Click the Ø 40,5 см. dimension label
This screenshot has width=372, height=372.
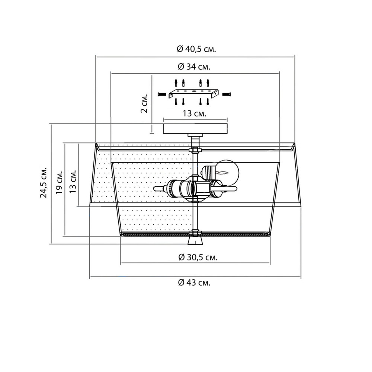pyautogui.click(x=196, y=49)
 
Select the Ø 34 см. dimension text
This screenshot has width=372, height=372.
pyautogui.click(x=194, y=67)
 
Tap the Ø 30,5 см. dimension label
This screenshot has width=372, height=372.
pyautogui.click(x=198, y=257)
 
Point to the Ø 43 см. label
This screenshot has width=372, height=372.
pyautogui.click(x=194, y=283)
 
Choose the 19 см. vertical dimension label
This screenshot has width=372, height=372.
pyautogui.click(x=59, y=182)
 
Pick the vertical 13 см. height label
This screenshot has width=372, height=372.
pyautogui.click(x=73, y=181)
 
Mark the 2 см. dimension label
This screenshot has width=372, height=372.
pyautogui.click(x=144, y=103)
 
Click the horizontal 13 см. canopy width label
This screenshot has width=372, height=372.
pyautogui.click(x=194, y=113)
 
